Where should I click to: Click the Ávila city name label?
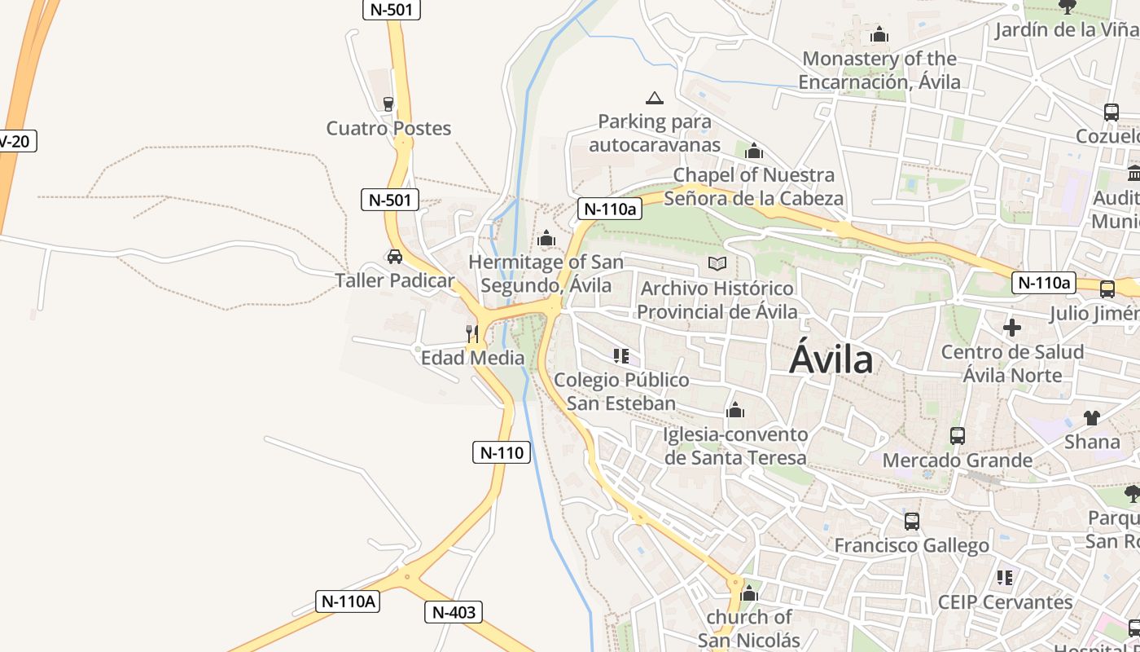pos(831,359)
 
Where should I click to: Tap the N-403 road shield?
pos(454,612)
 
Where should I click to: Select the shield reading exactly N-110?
pos(502,452)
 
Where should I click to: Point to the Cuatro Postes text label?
pos(388,128)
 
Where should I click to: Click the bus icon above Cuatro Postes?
pos(388,104)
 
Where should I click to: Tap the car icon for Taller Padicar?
pos(395,257)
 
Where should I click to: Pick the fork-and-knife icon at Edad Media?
pos(472,333)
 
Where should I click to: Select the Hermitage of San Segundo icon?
pos(546,239)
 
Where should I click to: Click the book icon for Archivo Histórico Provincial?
pos(717,263)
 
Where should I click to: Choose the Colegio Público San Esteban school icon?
pos(621,356)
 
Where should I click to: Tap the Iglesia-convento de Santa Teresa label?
pos(735,446)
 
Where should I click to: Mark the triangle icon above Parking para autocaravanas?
pos(654,99)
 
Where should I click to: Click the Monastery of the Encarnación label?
pos(879,70)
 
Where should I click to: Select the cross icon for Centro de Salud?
pos(1012,328)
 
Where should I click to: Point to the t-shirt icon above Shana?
pos(1092,418)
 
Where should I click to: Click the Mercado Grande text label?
pos(958,460)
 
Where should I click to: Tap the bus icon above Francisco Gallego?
pos(912,521)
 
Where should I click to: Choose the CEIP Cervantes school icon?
pos(1005,578)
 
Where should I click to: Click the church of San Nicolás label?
pos(749,628)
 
